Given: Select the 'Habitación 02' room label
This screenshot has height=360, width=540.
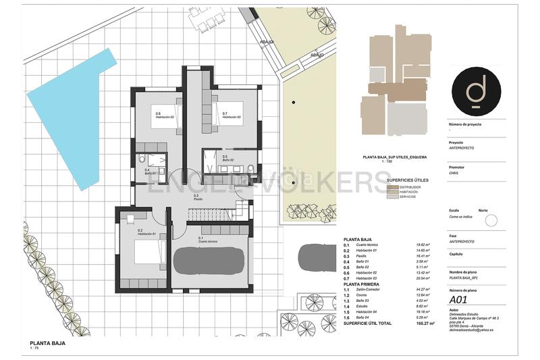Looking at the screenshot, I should pyautogui.click(x=165, y=118).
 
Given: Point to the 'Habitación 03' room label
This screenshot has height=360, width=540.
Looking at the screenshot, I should pyautogui.click(x=232, y=118).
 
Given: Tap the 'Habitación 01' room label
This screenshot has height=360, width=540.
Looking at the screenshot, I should pyautogui.click(x=147, y=234).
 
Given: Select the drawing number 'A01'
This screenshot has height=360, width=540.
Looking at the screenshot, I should pyautogui.click(x=458, y=299).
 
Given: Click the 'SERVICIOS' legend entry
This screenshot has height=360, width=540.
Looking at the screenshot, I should pyautogui.click(x=408, y=196).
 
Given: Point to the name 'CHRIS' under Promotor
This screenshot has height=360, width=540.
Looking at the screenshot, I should pyautogui.click(x=454, y=174).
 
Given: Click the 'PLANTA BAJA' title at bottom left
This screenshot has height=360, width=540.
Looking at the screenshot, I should pyautogui.click(x=47, y=343).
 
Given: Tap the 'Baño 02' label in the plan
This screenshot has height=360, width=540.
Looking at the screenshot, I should pyautogui.click(x=227, y=160).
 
